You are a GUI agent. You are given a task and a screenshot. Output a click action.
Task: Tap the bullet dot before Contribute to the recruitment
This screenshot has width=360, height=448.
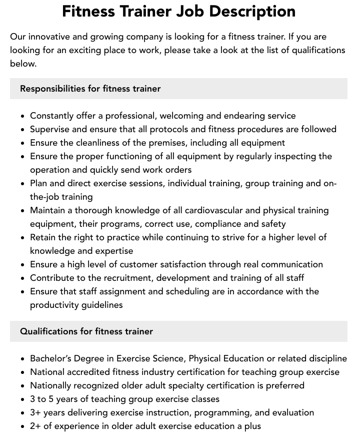(x=23, y=278)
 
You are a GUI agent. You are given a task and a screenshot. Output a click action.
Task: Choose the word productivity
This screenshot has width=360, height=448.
(x=55, y=305)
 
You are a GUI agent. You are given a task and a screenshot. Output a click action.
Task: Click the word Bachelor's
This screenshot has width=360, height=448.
(x=52, y=358)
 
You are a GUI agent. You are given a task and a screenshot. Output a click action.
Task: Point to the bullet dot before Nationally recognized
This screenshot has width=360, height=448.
(x=23, y=386)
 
